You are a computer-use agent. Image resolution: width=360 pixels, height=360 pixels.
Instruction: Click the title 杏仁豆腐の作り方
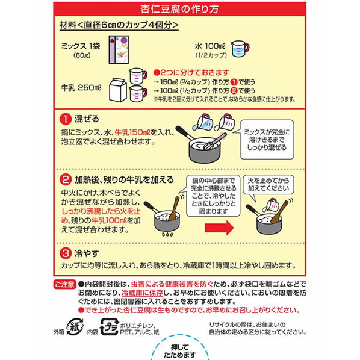(179, 9)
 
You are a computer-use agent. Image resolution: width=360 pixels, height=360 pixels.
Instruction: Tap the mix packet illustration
(119, 49)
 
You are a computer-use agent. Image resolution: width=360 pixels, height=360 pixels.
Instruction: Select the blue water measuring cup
(240, 49)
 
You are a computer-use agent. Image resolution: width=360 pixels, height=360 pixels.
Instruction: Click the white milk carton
(118, 90)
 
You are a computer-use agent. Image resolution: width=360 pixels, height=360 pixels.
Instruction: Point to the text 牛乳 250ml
(81, 88)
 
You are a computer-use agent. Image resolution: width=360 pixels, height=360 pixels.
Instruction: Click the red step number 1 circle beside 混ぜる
(66, 119)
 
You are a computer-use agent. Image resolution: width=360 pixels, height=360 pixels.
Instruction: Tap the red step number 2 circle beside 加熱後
(66, 179)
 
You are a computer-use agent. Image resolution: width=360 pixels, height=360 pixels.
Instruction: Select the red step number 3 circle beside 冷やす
(66, 253)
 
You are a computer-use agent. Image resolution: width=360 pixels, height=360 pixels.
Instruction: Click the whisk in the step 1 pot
(215, 141)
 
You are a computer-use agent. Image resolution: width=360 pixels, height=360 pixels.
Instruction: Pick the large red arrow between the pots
(219, 228)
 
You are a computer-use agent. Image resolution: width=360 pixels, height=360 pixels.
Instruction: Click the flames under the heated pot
(167, 234)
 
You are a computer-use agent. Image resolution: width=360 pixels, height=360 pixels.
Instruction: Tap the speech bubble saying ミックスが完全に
(266, 139)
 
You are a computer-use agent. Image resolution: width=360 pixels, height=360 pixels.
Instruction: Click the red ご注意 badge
(65, 284)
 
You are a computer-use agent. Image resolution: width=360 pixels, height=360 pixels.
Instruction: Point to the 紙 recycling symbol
(75, 327)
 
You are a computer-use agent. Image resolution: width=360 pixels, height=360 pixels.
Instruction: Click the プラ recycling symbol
(110, 327)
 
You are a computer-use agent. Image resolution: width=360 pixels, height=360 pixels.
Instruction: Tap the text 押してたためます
(180, 351)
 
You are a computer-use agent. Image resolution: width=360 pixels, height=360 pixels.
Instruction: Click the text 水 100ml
(210, 46)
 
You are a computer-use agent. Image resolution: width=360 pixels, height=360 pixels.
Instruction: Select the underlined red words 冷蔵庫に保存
(142, 293)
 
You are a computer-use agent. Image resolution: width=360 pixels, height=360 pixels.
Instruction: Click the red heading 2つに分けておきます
(191, 73)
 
